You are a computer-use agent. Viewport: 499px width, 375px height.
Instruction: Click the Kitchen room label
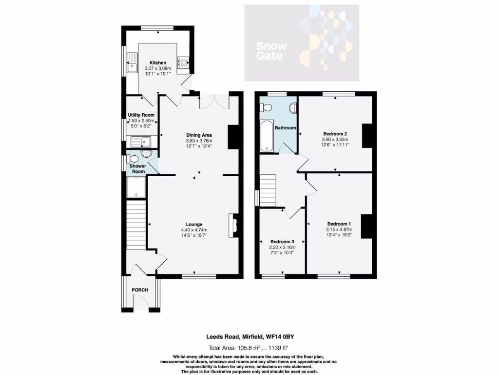click(x=157, y=63)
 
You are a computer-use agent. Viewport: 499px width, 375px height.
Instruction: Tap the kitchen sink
click(x=132, y=63)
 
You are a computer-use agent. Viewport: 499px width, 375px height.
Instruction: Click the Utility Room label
click(x=141, y=115)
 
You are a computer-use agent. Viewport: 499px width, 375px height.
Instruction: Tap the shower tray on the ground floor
click(x=136, y=187)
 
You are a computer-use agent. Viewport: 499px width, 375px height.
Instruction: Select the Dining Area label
click(x=199, y=135)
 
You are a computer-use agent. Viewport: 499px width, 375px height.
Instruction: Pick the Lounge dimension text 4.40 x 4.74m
click(x=194, y=230)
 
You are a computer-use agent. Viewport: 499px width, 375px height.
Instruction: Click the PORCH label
click(x=140, y=290)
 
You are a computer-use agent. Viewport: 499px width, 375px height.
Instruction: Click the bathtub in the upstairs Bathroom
click(x=268, y=136)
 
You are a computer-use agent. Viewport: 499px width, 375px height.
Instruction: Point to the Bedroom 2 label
click(x=335, y=133)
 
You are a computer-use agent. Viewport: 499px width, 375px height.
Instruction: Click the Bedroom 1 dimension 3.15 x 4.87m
click(x=339, y=229)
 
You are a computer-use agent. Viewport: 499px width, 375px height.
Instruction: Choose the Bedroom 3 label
click(x=282, y=242)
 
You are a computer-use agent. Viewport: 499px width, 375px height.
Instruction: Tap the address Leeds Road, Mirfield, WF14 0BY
click(x=249, y=336)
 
